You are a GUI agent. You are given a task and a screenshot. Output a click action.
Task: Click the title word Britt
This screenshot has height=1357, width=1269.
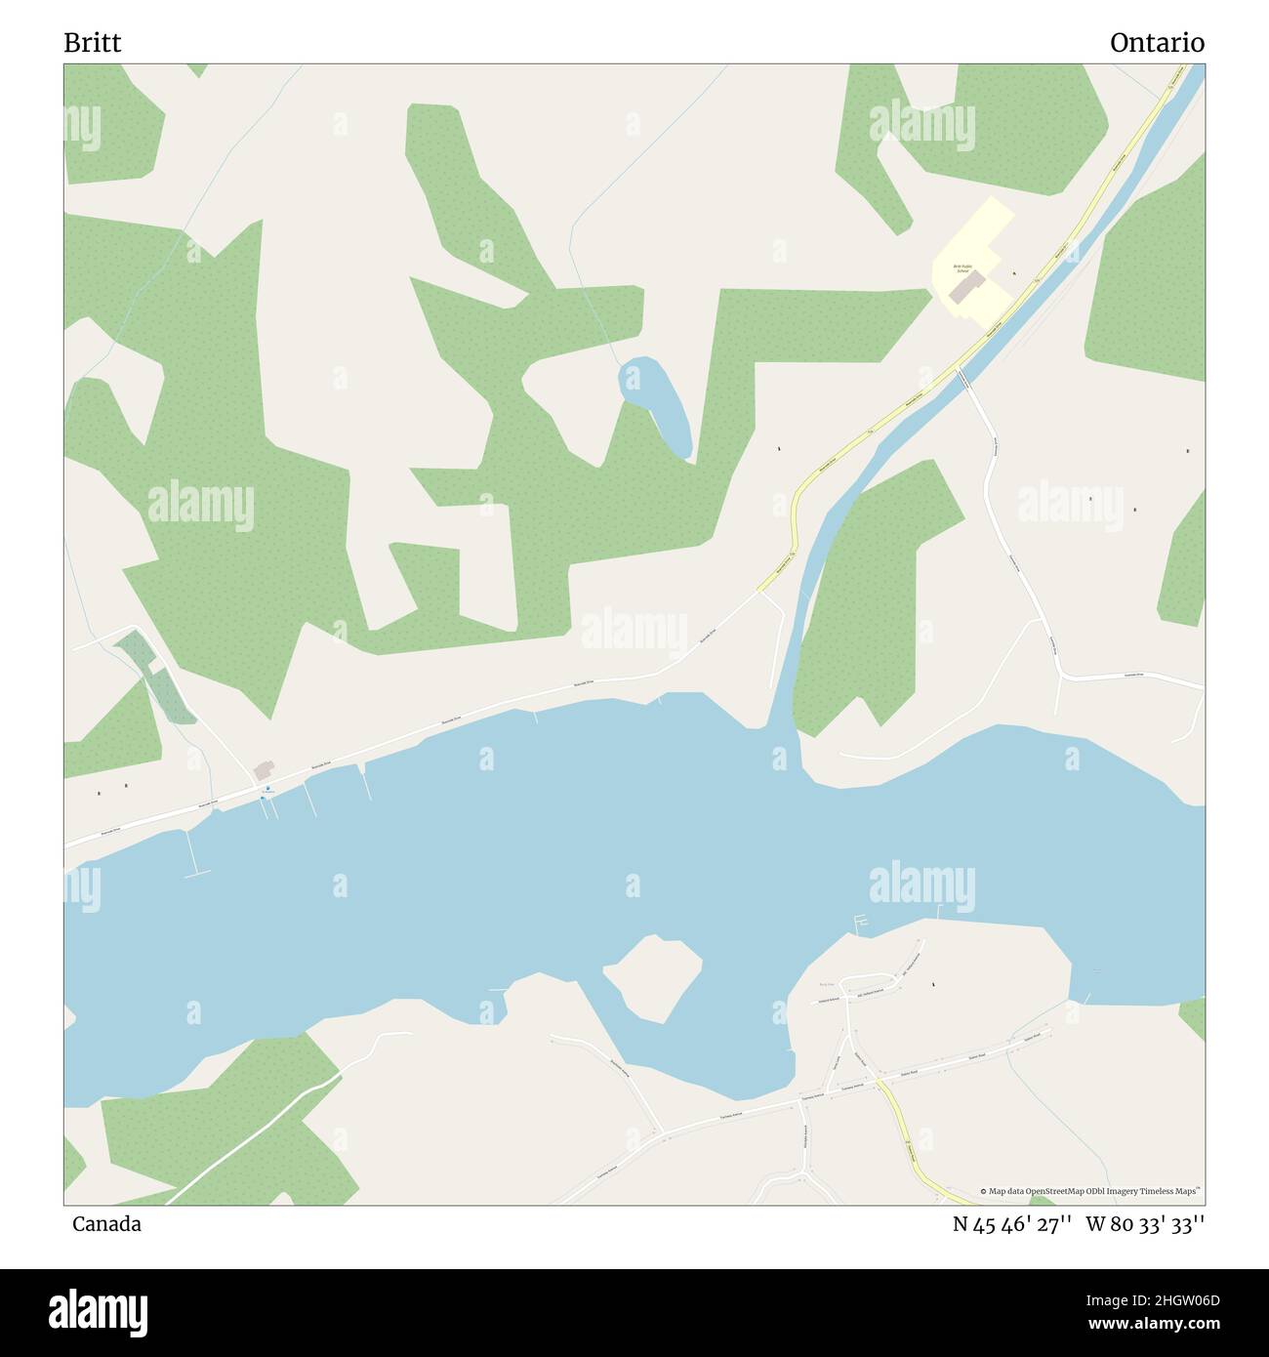click(93, 43)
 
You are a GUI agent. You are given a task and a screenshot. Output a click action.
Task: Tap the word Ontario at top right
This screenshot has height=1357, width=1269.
click(1156, 43)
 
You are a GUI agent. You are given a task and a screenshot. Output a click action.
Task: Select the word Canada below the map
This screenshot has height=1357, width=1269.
click(106, 1223)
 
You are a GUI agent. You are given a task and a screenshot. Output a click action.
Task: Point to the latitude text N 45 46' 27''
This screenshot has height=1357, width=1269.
click(1013, 1223)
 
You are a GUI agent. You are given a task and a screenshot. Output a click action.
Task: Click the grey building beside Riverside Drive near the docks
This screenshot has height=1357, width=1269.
click(264, 771)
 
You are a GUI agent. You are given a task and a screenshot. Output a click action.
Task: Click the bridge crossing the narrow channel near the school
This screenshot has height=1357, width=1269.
click(963, 375)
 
